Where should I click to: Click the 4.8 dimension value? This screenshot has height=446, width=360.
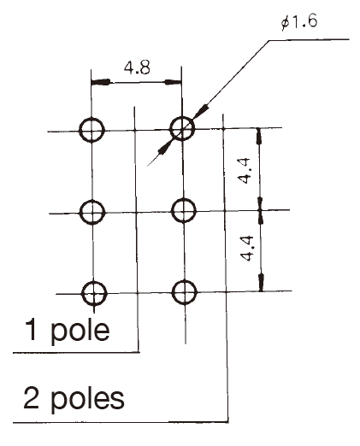[x=137, y=68]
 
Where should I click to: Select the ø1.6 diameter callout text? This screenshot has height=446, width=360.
[x=299, y=22]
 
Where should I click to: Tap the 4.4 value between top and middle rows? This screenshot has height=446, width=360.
[x=245, y=171]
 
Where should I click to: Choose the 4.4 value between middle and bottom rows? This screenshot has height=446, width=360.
[x=246, y=249]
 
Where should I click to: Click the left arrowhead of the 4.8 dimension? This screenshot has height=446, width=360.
[x=101, y=82]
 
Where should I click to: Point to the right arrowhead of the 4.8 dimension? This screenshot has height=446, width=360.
[x=173, y=82]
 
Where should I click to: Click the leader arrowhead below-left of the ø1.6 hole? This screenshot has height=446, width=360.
[x=164, y=148]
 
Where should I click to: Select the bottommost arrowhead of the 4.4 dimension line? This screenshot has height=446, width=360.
[x=261, y=283]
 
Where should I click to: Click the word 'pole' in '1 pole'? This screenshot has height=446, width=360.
[x=80, y=331]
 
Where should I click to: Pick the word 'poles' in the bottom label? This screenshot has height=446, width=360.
[x=87, y=399]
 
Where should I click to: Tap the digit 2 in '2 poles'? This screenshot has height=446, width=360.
[x=31, y=397]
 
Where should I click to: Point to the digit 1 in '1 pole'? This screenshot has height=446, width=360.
[x=31, y=329]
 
